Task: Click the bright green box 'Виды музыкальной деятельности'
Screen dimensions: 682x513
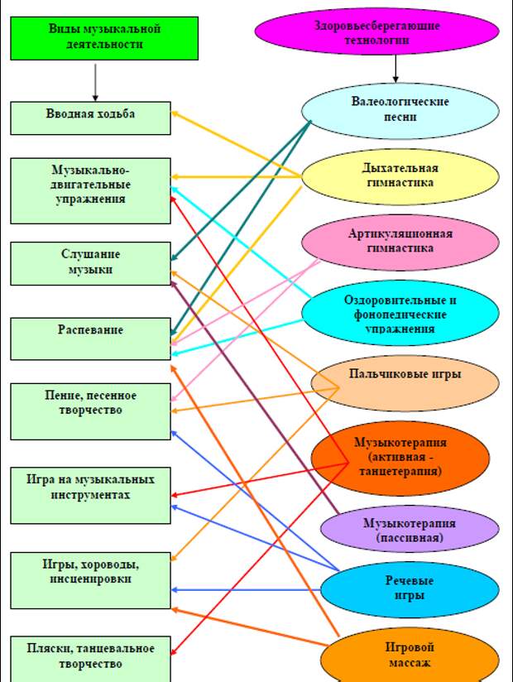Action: (104, 37)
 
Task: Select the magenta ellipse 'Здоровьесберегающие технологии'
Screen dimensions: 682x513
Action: (377, 32)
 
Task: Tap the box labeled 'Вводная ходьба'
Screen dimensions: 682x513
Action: (91, 117)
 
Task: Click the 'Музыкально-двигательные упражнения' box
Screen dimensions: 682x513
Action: (91, 190)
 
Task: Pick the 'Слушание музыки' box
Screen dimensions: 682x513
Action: (91, 262)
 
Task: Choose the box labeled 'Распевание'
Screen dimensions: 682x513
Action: (91, 337)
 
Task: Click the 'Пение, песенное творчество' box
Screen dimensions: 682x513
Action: (91, 410)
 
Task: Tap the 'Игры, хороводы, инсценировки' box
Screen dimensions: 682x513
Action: (91, 579)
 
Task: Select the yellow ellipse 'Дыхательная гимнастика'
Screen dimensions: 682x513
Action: (400, 176)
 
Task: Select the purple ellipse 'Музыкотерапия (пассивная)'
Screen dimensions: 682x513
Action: (409, 531)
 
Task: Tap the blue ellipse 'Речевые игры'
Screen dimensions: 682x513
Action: (410, 588)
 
